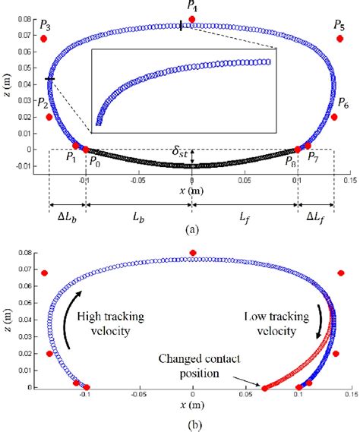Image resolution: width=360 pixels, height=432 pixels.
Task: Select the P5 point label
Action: pyautogui.click(x=339, y=26)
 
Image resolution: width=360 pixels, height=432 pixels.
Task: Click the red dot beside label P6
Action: pyautogui.click(x=334, y=117)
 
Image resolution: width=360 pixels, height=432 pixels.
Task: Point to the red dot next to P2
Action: pyautogui.click(x=49, y=117)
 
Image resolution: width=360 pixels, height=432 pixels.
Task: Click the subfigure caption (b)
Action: pyautogui.click(x=192, y=424)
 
